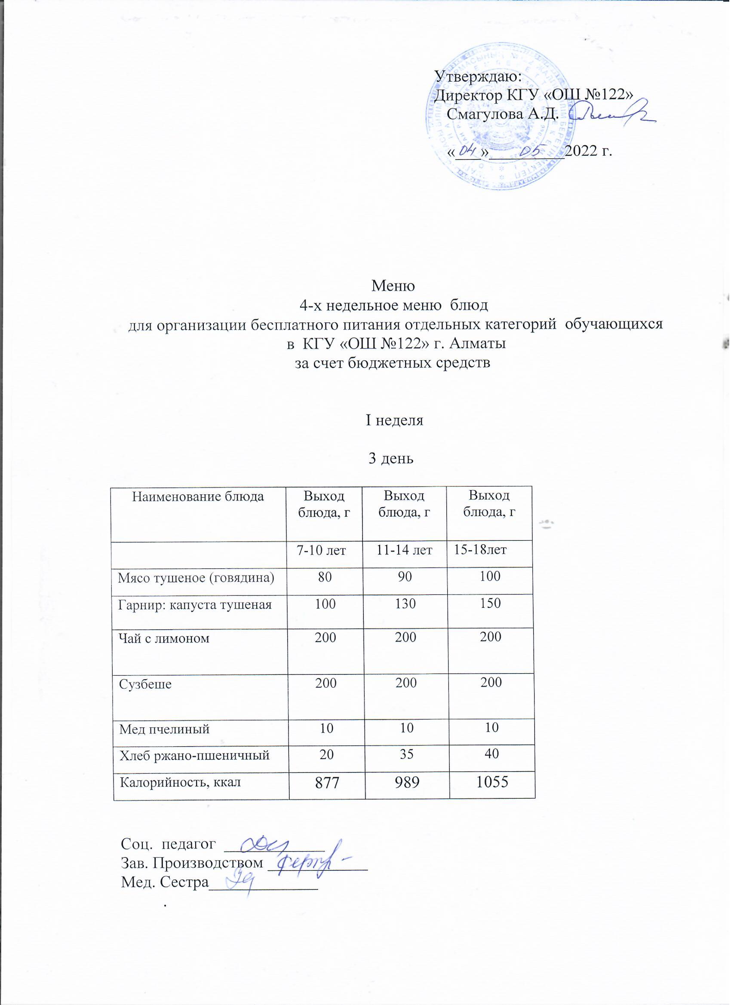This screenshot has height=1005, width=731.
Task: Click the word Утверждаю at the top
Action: click(478, 77)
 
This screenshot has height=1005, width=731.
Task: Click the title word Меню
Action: click(393, 286)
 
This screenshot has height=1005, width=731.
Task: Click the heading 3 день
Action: click(391, 459)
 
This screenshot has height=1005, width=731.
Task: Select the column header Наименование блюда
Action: click(198, 496)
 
